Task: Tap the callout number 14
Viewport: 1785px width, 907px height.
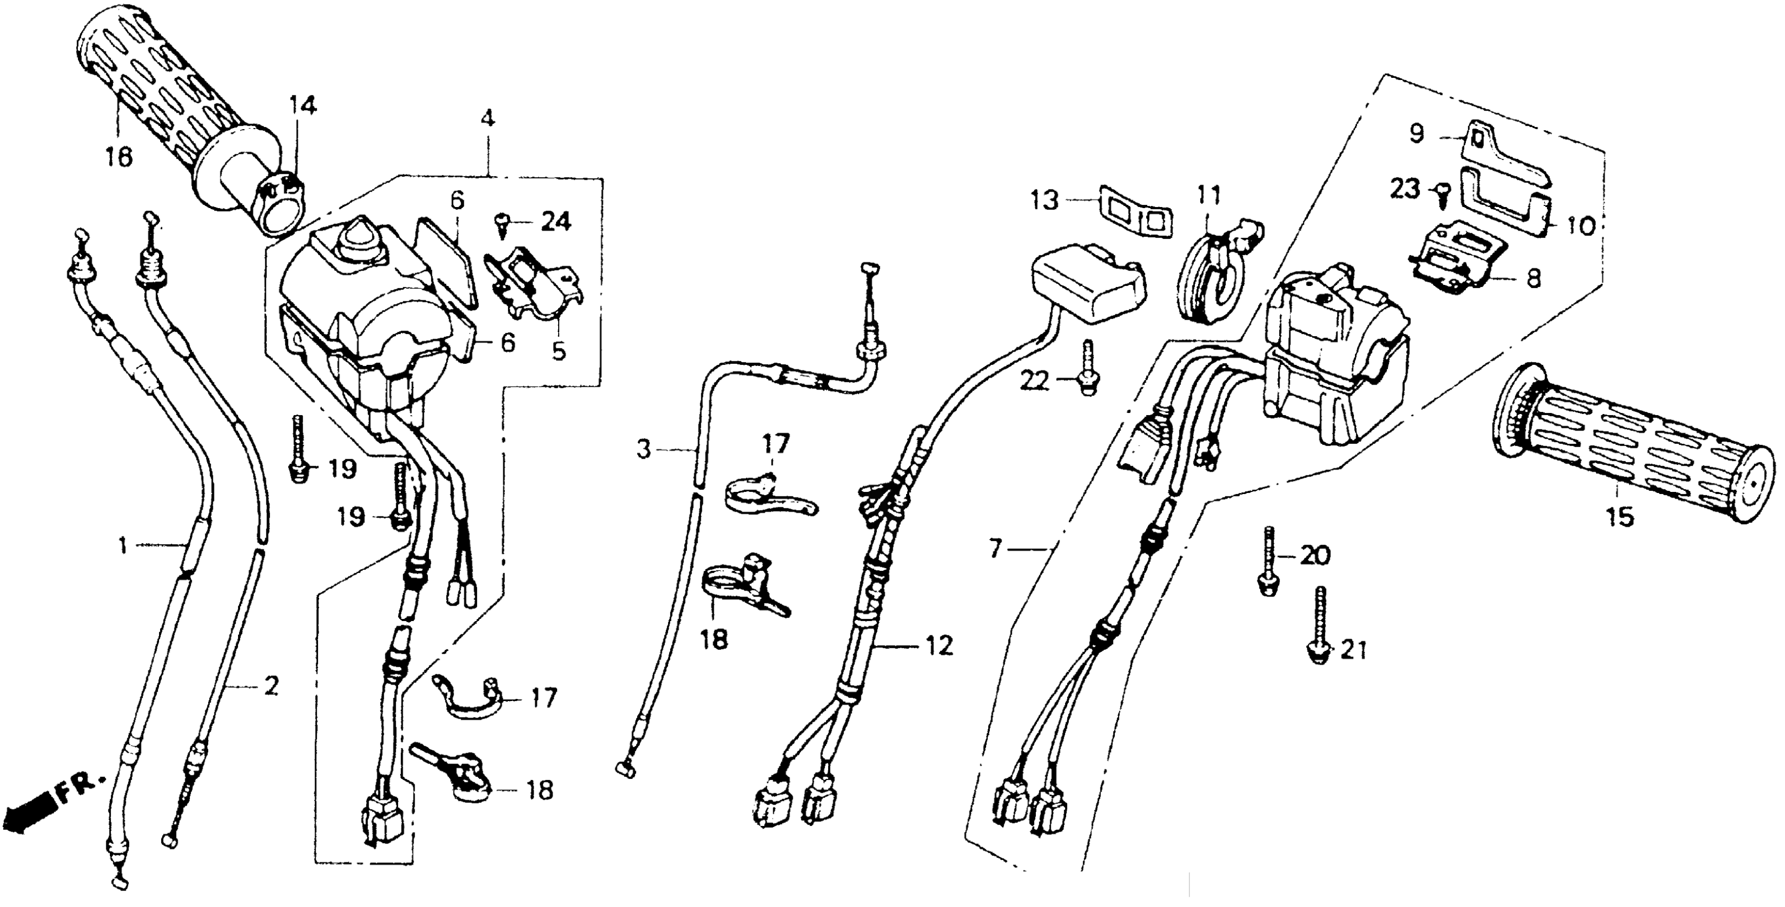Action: pyautogui.click(x=302, y=106)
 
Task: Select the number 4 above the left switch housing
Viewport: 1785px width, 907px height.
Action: pyautogui.click(x=488, y=118)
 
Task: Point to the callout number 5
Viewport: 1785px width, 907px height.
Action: pyautogui.click(x=559, y=351)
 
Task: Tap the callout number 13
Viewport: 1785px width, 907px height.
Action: pyautogui.click(x=1044, y=201)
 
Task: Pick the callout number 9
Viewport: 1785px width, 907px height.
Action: pyautogui.click(x=1416, y=133)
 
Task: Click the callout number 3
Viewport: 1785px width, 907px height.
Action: pyautogui.click(x=645, y=450)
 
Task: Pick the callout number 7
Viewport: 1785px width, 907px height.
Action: pyautogui.click(x=995, y=550)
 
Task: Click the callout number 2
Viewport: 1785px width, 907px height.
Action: pyautogui.click(x=271, y=687)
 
